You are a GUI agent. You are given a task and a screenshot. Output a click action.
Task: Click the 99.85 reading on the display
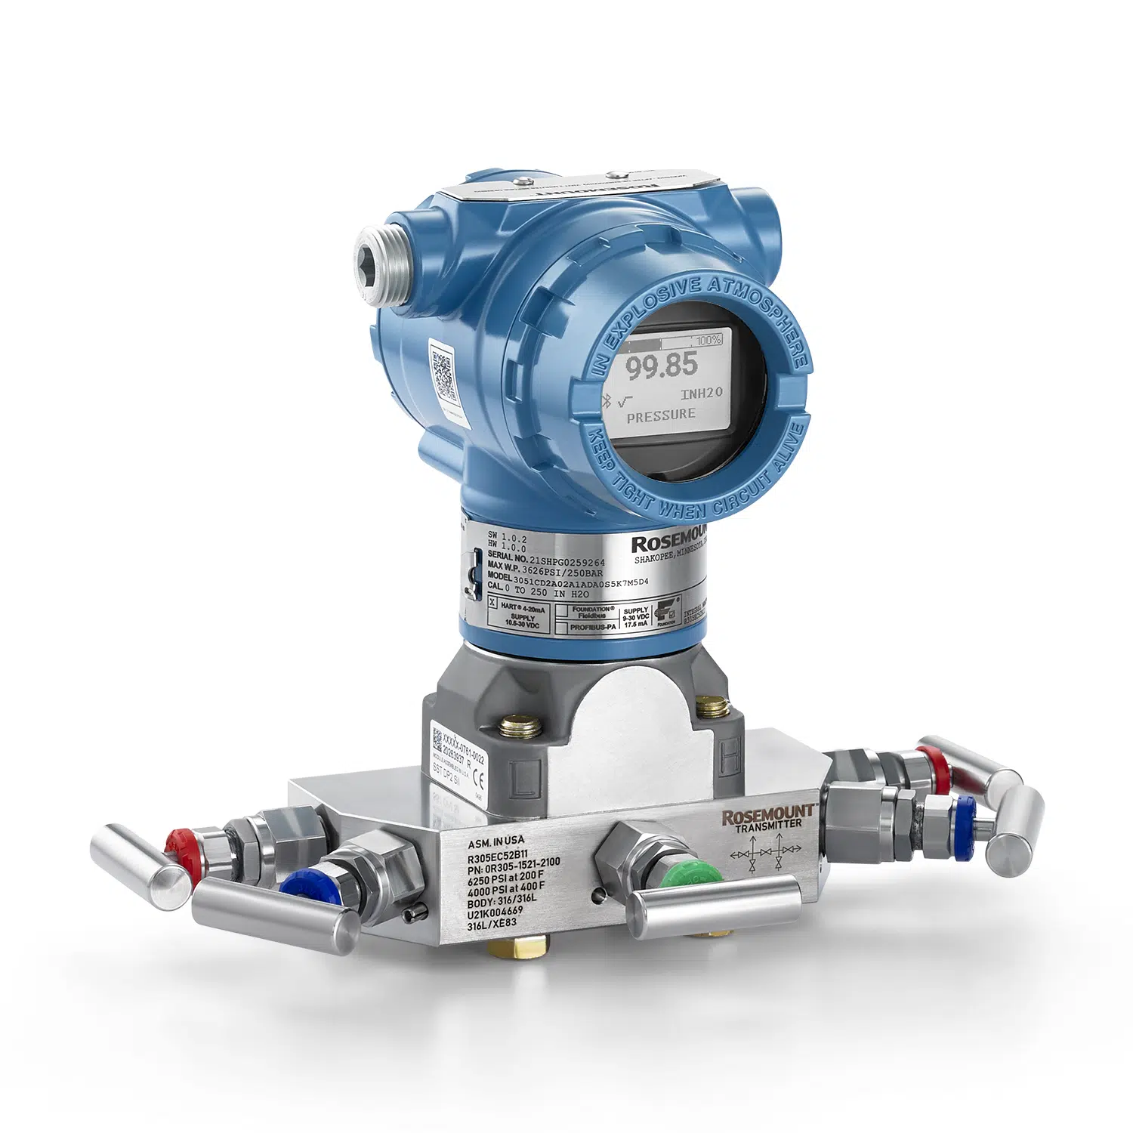coord(662,366)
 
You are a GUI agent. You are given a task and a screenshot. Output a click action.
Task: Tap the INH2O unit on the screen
coord(701,393)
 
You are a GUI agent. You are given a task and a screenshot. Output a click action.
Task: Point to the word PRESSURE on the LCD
coord(661,415)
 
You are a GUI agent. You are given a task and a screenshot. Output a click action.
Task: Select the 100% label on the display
coord(709,341)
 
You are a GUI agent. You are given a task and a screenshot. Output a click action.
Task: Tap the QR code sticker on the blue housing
coord(444,372)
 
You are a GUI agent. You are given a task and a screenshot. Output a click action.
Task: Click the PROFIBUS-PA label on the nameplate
coord(593,627)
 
